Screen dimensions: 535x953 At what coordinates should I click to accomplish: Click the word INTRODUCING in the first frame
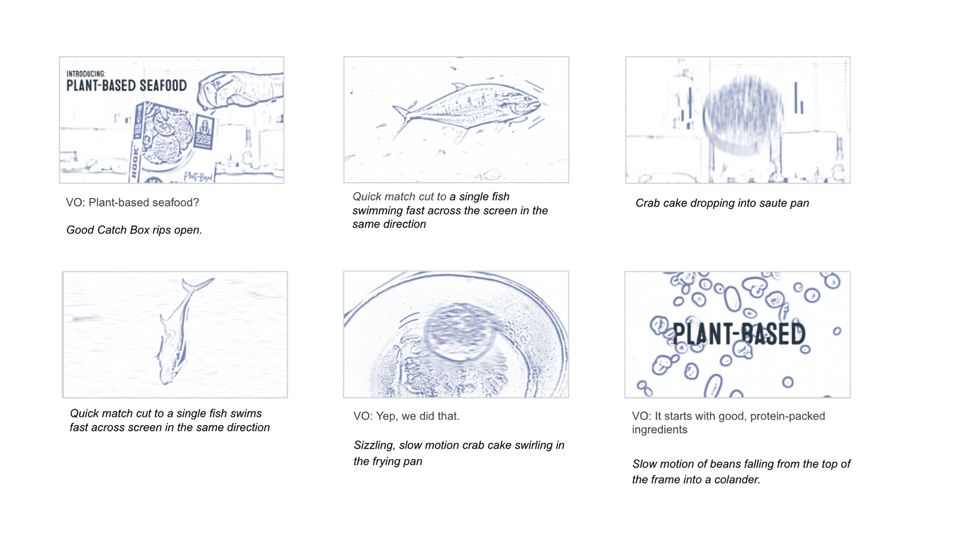pos(86,74)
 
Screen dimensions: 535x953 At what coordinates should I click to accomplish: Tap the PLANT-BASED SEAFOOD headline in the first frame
pos(127,85)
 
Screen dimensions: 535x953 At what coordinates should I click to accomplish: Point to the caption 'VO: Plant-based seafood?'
pos(132,203)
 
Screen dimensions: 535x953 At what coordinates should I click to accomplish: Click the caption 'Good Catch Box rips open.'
pos(134,230)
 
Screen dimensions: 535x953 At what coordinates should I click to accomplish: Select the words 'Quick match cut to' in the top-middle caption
pos(399,197)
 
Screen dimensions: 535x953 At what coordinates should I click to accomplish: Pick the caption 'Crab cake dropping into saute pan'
pos(722,203)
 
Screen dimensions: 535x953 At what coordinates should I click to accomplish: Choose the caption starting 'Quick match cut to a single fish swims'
pos(169,420)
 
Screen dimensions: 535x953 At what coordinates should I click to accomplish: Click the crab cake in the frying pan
pos(460,332)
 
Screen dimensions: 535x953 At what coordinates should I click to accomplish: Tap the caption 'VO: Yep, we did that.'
pos(406,416)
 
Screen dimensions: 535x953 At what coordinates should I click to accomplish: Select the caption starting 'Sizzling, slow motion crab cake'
pos(459,452)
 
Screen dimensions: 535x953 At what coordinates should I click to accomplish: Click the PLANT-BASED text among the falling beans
pos(738,334)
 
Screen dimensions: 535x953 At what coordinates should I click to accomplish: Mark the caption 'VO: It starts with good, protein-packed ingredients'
pos(728,423)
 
